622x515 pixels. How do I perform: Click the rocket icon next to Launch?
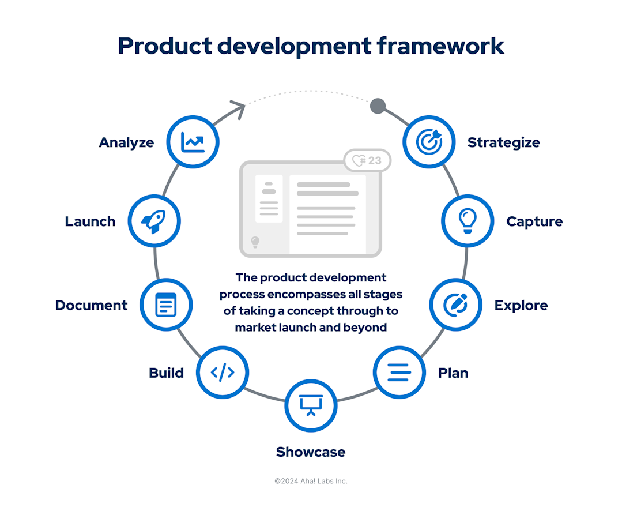click(x=154, y=221)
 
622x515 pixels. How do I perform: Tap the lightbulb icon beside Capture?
click(x=468, y=221)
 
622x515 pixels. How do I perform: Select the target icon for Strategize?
click(x=428, y=142)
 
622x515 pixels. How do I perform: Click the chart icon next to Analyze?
click(x=193, y=142)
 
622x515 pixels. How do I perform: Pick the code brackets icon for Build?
click(x=223, y=372)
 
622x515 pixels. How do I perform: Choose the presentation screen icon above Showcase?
click(x=311, y=405)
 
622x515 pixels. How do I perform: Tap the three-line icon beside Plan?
click(x=399, y=372)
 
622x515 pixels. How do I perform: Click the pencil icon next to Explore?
click(x=456, y=305)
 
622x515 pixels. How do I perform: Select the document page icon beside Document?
click(x=166, y=305)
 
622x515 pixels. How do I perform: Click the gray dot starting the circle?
click(x=378, y=106)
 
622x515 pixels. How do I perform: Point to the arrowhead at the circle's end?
click(x=238, y=108)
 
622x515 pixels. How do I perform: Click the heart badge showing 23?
click(x=367, y=160)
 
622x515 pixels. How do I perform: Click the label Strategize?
click(x=503, y=142)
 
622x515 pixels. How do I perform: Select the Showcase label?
click(x=311, y=452)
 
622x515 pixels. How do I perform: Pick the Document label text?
click(x=91, y=305)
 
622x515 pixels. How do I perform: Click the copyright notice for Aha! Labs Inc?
click(x=311, y=481)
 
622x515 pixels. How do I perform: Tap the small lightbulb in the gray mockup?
click(x=255, y=242)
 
